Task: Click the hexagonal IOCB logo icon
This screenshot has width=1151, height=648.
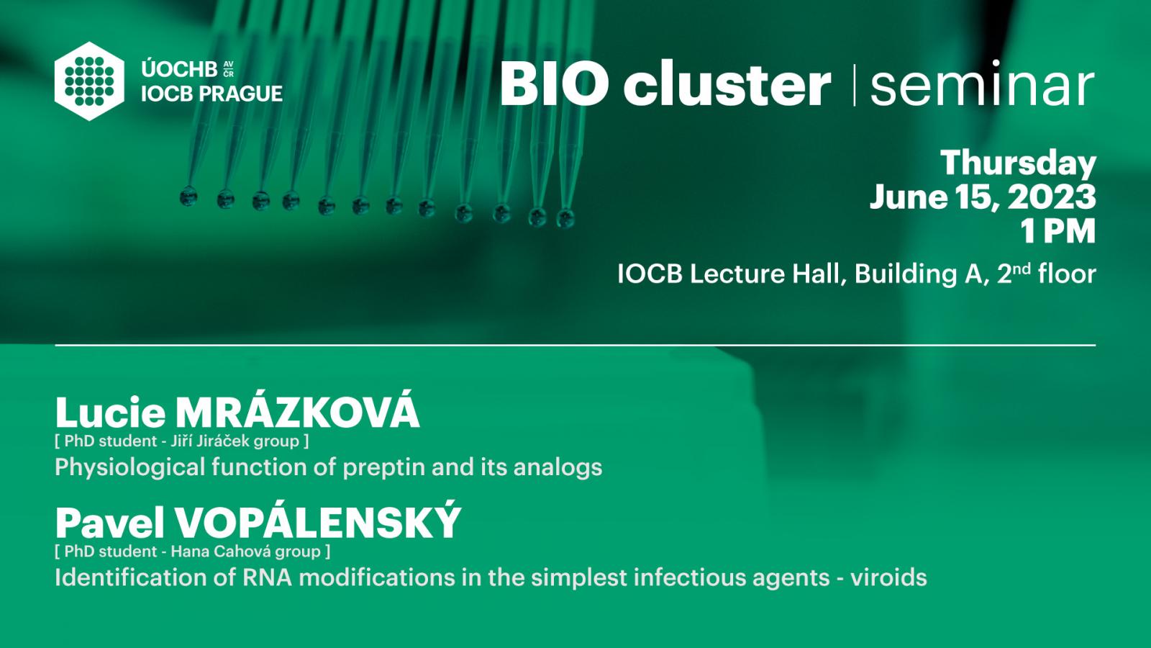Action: click(89, 81)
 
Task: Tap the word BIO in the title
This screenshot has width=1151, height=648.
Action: click(554, 83)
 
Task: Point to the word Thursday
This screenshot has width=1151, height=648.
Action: click(1018, 163)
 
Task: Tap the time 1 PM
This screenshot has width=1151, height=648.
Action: click(1058, 231)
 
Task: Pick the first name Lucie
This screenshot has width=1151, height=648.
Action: click(111, 413)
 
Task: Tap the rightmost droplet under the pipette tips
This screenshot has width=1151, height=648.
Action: click(565, 218)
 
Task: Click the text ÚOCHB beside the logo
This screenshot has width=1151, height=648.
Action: click(179, 69)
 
